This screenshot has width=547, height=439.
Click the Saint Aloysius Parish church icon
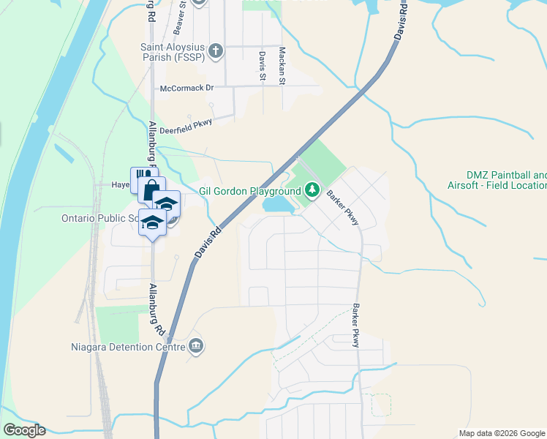coord(215,50)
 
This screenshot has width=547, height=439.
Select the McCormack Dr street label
coord(186,88)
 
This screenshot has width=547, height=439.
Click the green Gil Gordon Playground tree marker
coord(312,191)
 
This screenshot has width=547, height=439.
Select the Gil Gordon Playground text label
coord(249,192)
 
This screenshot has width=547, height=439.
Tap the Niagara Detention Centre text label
coord(129,346)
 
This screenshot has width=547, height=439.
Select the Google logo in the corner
coord(24,430)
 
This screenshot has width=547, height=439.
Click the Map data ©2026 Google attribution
coord(501,433)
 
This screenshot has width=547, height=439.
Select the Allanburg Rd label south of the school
coord(156,309)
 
